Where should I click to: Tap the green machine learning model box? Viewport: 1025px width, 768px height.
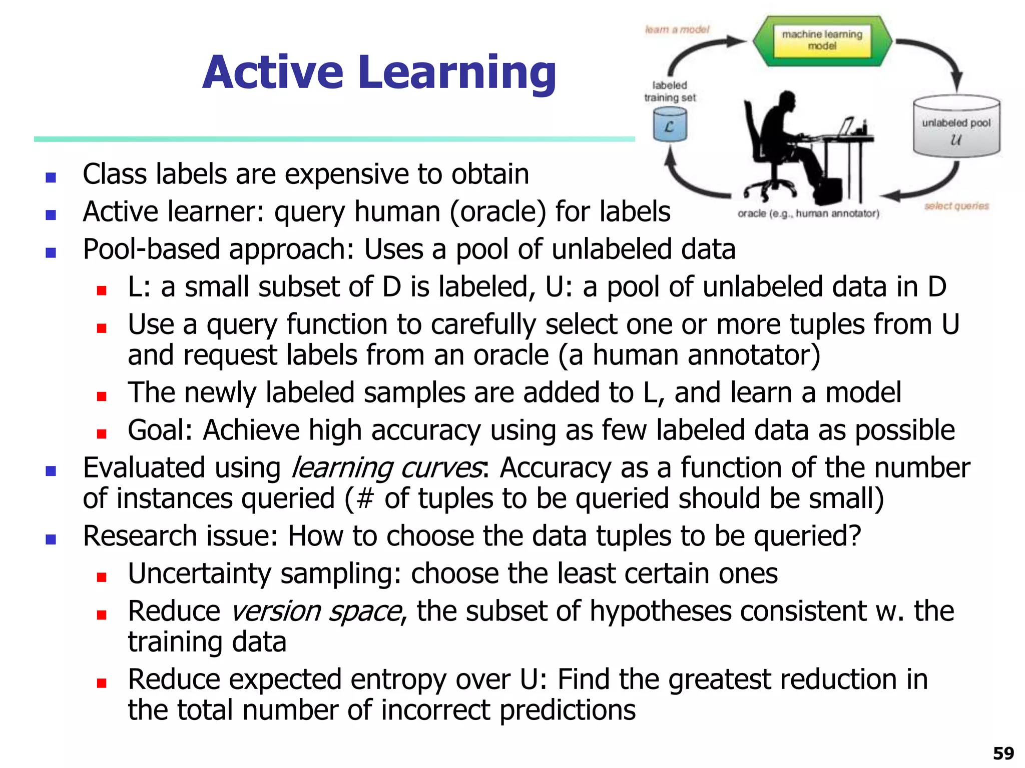[822, 41]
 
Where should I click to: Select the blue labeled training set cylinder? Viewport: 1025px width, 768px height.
[670, 125]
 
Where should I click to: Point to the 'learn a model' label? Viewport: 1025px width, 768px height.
[677, 29]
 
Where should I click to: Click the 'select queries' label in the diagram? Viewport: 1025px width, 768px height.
[956, 206]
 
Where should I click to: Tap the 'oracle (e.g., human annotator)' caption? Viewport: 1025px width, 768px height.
[808, 214]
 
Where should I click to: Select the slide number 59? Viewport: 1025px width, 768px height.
[1003, 753]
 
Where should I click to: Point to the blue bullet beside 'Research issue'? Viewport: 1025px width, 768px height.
[51, 539]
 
